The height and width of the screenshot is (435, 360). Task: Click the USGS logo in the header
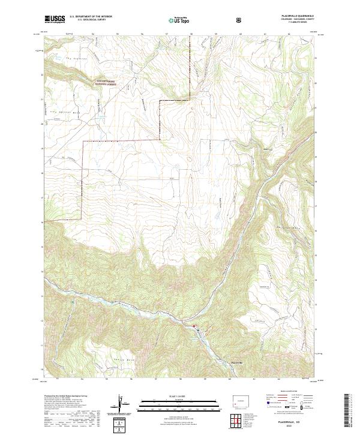coord(54,20)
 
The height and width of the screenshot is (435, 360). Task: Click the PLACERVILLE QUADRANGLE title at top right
coord(291,17)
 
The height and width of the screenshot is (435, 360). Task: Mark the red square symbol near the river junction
coord(194,326)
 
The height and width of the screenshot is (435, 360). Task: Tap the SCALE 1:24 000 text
coord(180,397)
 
